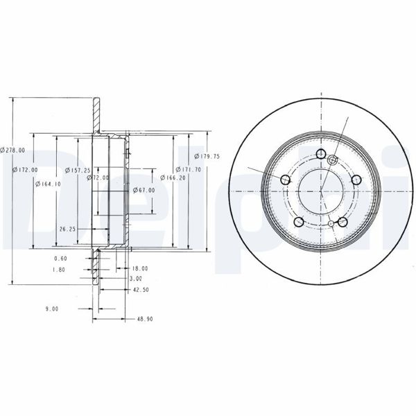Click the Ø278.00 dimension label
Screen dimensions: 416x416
pos(13,150)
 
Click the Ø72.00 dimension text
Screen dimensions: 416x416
pos(99,177)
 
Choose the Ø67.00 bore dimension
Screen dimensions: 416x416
pos(144,190)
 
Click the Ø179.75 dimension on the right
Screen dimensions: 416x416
pos(207,156)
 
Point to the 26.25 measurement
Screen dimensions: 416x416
pos(67,227)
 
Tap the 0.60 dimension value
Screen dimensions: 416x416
pos(60,259)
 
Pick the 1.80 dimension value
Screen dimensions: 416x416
pos(59,270)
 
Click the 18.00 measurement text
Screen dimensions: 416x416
pos(139,268)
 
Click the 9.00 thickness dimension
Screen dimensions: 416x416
pos(51,309)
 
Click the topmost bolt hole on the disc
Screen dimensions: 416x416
pos(320,155)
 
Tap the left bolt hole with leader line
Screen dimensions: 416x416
pos(285,180)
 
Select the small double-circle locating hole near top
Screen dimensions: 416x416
pos(332,160)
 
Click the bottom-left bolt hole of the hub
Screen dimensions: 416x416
pos(298,222)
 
